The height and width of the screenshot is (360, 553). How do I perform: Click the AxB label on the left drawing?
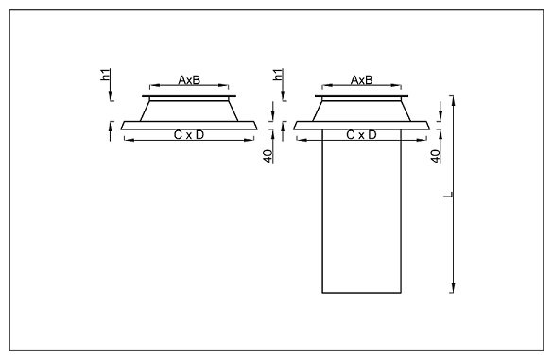(189, 80)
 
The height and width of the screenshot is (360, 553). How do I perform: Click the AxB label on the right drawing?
(361, 80)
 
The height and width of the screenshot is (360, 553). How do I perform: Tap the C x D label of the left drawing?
(189, 135)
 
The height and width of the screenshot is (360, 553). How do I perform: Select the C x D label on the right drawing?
(361, 135)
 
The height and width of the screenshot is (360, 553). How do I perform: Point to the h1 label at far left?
(106, 75)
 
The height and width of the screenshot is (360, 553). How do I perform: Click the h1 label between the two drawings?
(278, 75)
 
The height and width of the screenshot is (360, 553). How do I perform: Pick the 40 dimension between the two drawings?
(268, 157)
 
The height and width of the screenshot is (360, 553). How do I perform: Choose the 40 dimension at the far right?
(436, 157)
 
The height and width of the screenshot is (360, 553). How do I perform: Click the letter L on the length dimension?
(448, 195)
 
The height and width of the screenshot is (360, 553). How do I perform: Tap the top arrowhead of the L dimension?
(453, 100)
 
